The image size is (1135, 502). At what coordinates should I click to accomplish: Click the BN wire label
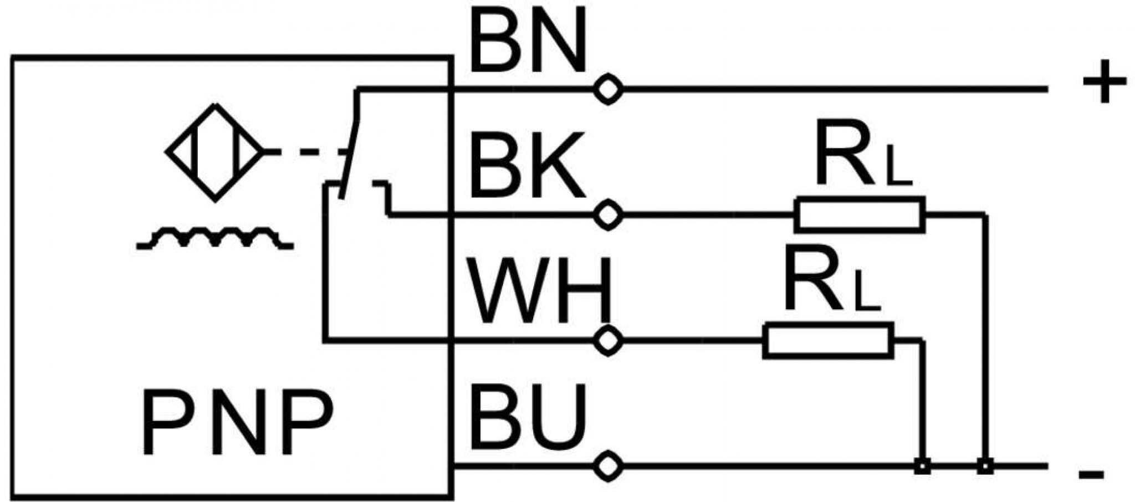point(528,42)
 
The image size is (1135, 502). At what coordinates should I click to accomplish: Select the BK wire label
point(527,165)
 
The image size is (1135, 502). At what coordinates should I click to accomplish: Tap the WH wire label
point(539,290)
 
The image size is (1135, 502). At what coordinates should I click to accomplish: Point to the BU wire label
point(528,417)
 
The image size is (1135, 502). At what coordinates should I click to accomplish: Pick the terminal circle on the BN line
point(609,89)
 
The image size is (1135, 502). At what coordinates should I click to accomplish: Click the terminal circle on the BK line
point(609,215)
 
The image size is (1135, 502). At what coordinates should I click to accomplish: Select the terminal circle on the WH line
point(609,341)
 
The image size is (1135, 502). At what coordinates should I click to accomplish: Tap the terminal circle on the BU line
point(609,467)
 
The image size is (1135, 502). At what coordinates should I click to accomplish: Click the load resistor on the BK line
point(860,215)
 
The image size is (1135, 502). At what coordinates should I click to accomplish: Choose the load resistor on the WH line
point(829,341)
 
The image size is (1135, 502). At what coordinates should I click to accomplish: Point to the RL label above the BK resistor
point(863,156)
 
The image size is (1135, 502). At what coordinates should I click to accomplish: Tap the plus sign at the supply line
point(1105,82)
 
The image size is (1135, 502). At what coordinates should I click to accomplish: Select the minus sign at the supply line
point(1091,474)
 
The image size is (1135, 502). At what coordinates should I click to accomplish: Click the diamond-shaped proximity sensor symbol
point(215,152)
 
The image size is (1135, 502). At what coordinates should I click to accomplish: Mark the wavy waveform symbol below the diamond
point(215,238)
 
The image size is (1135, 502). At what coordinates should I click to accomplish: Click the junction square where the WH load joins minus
point(922,467)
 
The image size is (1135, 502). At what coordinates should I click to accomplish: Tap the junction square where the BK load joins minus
point(985,467)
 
